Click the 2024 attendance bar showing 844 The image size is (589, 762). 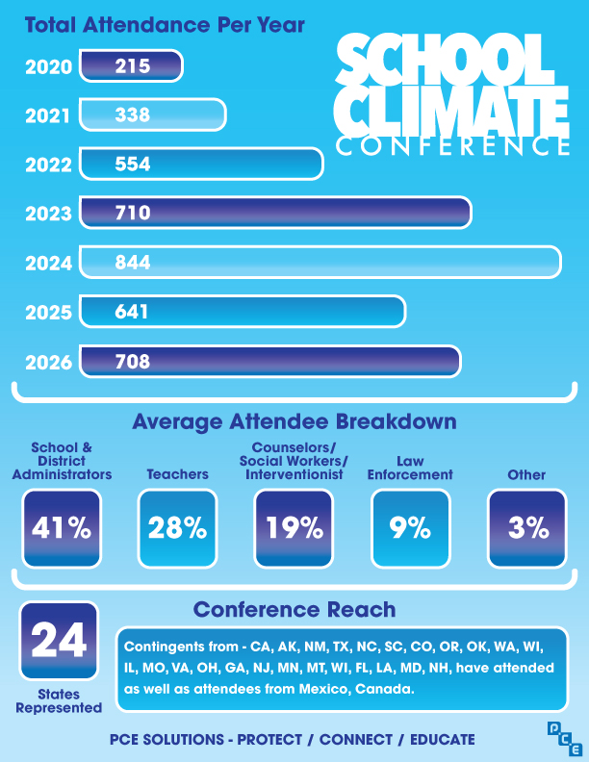320,263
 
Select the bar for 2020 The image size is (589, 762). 131,66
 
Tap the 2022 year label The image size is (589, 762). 48,165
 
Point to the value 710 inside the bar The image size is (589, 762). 133,213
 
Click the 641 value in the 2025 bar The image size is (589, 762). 131,312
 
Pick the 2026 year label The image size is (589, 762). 48,363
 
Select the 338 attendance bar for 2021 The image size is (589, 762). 153,114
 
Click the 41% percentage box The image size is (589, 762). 62,528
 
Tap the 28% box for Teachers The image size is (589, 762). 177,528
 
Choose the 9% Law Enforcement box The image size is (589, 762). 411,528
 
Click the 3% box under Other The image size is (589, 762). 527,528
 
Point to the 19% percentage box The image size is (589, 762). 294,528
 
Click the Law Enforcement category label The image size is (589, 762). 410,468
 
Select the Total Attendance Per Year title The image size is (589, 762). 165,25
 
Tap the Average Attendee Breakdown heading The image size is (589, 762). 294,421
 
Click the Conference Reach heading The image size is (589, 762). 294,609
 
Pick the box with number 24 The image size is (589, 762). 59,641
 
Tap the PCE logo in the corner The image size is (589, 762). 565,739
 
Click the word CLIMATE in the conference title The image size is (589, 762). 451,113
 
